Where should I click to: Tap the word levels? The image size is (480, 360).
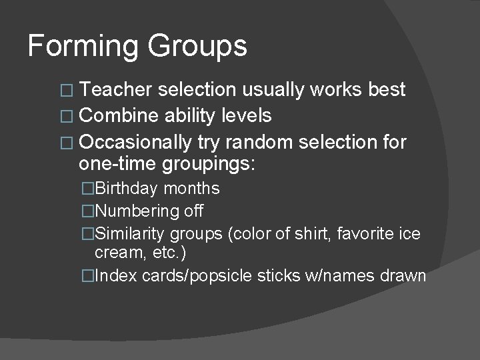coord(247,116)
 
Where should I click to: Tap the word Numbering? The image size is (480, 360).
coord(134,211)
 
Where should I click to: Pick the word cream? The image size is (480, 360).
coord(117,253)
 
